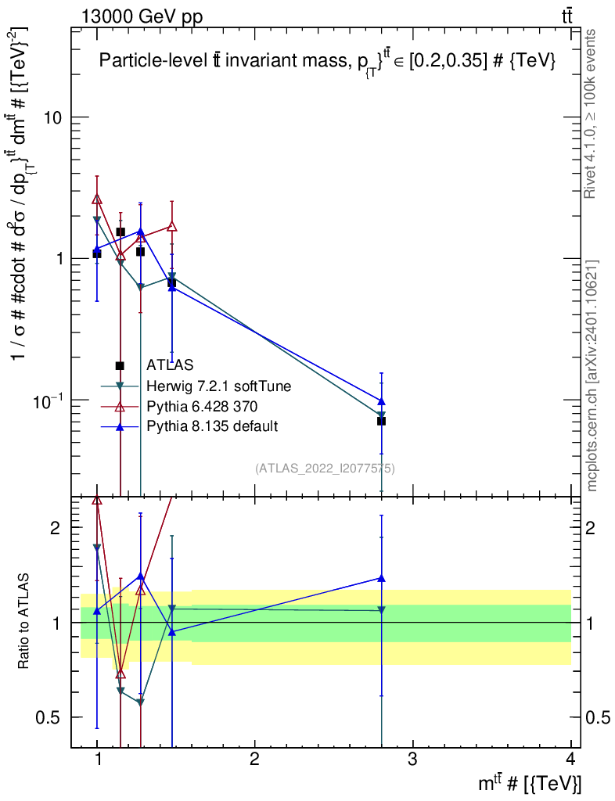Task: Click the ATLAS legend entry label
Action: [x=170, y=365]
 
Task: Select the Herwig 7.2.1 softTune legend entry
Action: [x=218, y=386]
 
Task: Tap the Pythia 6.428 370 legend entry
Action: [x=202, y=407]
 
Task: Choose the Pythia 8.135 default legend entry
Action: [x=212, y=426]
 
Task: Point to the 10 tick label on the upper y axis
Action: [x=50, y=117]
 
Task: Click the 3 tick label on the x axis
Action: [x=412, y=759]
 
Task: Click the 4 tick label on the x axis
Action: [x=570, y=759]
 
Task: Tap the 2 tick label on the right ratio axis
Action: [x=591, y=527]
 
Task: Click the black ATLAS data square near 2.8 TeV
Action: [x=381, y=421]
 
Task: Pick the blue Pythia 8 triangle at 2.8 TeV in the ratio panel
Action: [x=381, y=578]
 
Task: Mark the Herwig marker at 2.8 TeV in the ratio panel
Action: [x=381, y=610]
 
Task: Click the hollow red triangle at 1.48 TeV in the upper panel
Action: [x=172, y=226]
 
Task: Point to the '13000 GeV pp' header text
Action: [x=142, y=16]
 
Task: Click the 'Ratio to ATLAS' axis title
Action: [x=23, y=621]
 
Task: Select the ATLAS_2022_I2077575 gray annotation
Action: [x=325, y=468]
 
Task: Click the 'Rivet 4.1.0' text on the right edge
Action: [x=590, y=165]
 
